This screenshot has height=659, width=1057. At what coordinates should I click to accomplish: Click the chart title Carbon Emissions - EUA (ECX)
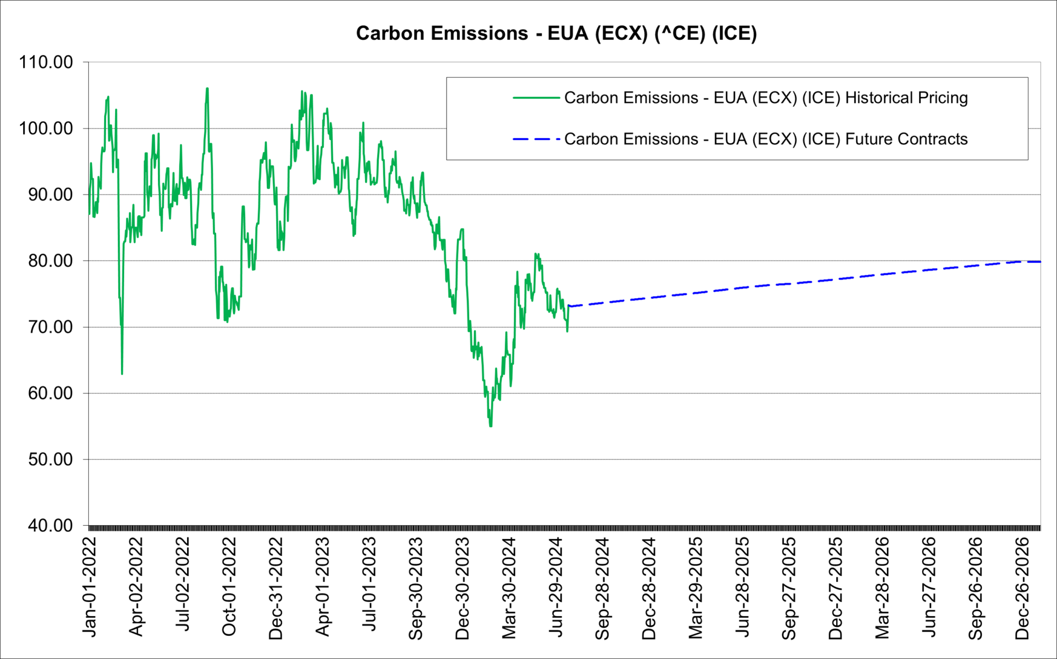tap(556, 33)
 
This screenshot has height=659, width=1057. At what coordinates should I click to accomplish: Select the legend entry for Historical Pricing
tap(766, 98)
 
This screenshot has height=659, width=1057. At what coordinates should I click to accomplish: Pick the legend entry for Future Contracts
tap(766, 139)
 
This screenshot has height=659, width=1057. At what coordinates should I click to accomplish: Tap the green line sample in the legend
tap(536, 98)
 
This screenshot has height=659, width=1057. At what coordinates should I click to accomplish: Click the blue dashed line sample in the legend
tap(536, 139)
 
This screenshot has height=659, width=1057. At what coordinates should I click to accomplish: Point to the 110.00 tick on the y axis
tap(47, 62)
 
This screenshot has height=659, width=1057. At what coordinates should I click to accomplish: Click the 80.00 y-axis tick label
tap(50, 261)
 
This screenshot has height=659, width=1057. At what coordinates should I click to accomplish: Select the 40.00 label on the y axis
tap(50, 525)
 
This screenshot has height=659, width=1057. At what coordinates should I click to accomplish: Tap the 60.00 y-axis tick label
tap(50, 393)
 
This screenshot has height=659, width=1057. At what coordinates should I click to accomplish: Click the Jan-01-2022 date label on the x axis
tap(90, 587)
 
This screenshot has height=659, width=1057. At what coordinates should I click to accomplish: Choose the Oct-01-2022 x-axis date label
tap(229, 587)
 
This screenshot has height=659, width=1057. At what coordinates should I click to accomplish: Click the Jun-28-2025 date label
tap(743, 587)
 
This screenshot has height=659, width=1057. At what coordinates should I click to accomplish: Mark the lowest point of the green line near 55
tap(491, 426)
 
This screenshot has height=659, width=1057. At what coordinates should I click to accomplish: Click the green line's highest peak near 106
tap(207, 88)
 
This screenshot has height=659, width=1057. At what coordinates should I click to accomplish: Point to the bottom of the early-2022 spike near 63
tap(122, 374)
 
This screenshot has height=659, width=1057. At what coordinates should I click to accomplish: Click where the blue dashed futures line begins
tap(569, 307)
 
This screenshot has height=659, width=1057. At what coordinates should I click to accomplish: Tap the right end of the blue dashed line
tap(1040, 262)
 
